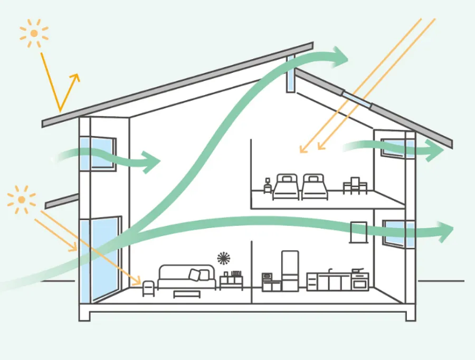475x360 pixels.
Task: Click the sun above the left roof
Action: pyautogui.click(x=34, y=33)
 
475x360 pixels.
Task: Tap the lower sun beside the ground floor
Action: pyautogui.click(x=21, y=200)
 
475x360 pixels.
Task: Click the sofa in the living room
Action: pyautogui.click(x=187, y=277)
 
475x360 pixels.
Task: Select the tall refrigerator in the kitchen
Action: pyautogui.click(x=290, y=271)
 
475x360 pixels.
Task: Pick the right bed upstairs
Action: pyautogui.click(x=315, y=187)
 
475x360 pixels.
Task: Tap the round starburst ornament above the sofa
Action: pyautogui.click(x=224, y=258)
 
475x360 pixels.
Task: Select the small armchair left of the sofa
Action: pyautogui.click(x=148, y=287)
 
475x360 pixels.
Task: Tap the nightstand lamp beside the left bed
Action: pyautogui.click(x=268, y=185)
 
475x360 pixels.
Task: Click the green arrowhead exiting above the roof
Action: pyautogui.click(x=340, y=56)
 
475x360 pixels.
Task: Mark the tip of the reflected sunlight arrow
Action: pyautogui.click(x=78, y=75)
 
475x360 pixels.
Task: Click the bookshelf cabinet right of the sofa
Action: pyautogui.click(x=231, y=280)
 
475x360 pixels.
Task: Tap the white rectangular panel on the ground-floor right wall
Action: pyautogui.click(x=358, y=232)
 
